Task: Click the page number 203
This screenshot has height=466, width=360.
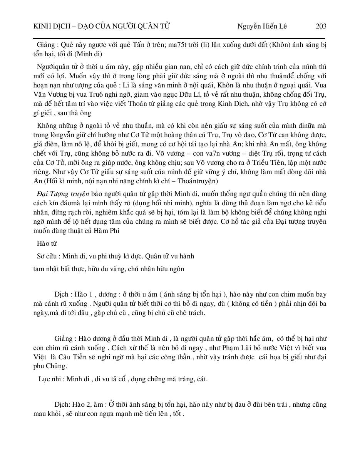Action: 321,26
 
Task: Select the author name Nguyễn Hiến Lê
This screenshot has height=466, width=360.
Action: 262,26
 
